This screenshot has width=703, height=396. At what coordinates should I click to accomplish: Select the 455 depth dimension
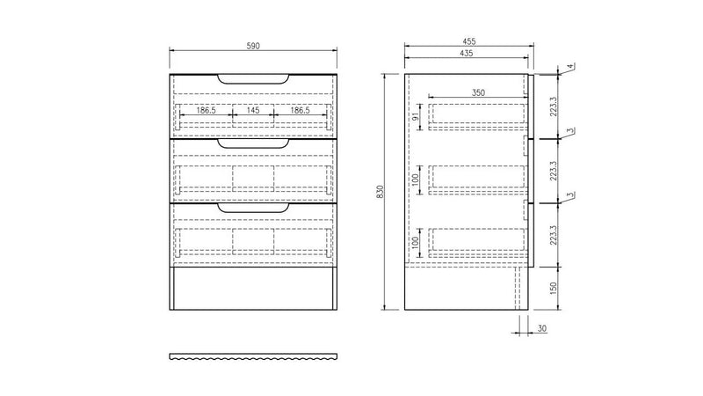466,40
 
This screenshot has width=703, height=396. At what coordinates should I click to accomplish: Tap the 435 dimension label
466,54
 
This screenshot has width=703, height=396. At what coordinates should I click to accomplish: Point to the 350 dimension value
477,92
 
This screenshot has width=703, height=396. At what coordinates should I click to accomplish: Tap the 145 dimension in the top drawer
253,111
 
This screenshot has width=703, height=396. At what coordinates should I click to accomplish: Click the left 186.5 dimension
207,111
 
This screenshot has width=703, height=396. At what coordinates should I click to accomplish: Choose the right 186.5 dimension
300,111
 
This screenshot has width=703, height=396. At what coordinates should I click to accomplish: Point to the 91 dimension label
414,117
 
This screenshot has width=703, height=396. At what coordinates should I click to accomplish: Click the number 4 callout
569,67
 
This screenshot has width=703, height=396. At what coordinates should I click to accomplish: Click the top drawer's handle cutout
253,81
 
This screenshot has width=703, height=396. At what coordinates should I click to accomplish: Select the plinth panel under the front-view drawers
253,288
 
